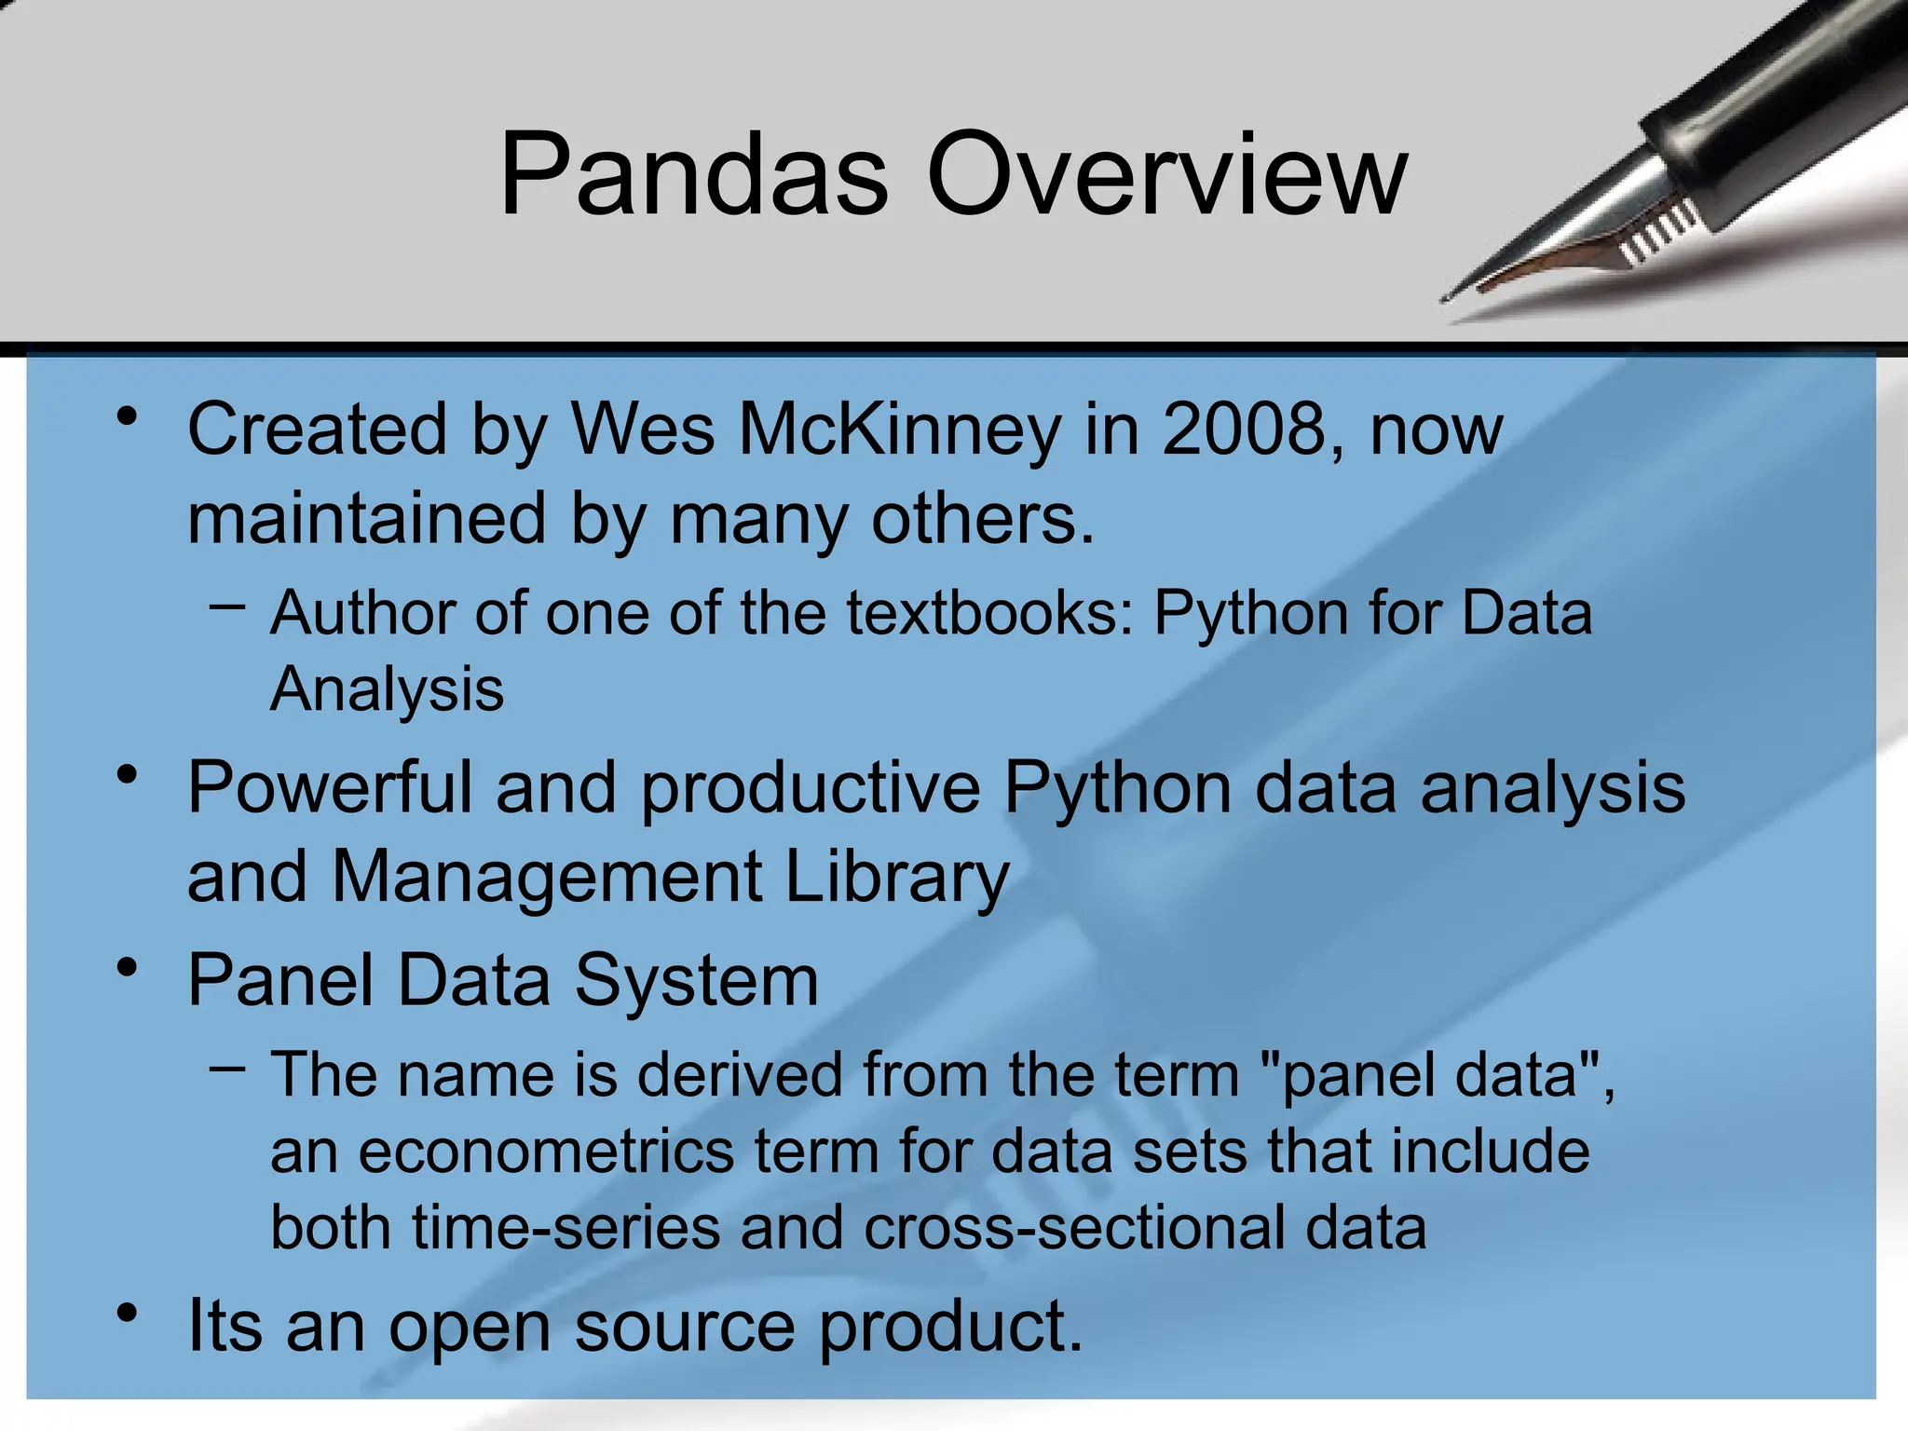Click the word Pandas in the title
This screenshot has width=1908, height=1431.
(693, 175)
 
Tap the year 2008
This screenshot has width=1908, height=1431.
(1244, 430)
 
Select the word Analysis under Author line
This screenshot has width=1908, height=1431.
(387, 690)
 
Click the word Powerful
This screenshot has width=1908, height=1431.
(330, 788)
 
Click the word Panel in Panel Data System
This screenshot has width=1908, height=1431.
(279, 980)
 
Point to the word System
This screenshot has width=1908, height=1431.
(696, 982)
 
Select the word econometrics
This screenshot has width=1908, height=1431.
(546, 1152)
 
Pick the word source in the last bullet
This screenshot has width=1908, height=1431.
(685, 1327)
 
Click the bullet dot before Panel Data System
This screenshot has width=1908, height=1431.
(128, 969)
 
